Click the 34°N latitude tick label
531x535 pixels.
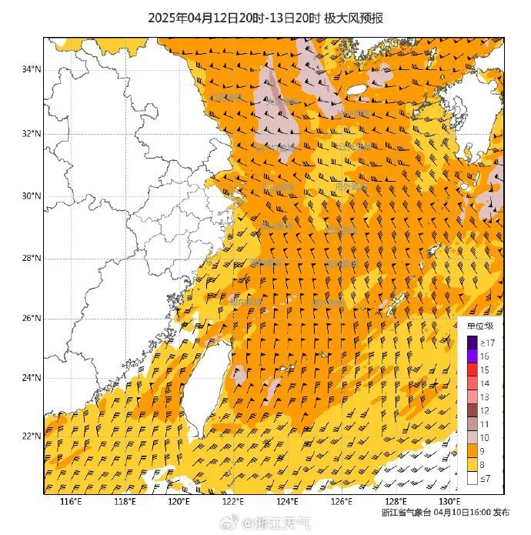coord(32,70)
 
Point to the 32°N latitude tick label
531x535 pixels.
coord(32,133)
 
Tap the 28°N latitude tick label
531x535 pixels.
coord(32,258)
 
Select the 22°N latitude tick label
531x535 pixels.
coord(32,436)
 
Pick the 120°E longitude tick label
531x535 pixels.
coord(179,502)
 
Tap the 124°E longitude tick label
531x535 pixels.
coord(288,502)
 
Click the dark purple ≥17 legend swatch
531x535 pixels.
coord(473,343)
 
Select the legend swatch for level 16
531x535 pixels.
coord(473,356)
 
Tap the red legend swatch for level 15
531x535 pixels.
coord(473,370)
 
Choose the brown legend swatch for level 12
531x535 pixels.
coord(473,411)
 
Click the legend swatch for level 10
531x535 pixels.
coord(473,438)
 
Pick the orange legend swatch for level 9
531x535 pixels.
coord(473,452)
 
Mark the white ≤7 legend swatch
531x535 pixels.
coord(473,479)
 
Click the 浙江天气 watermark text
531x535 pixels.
coord(285,523)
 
